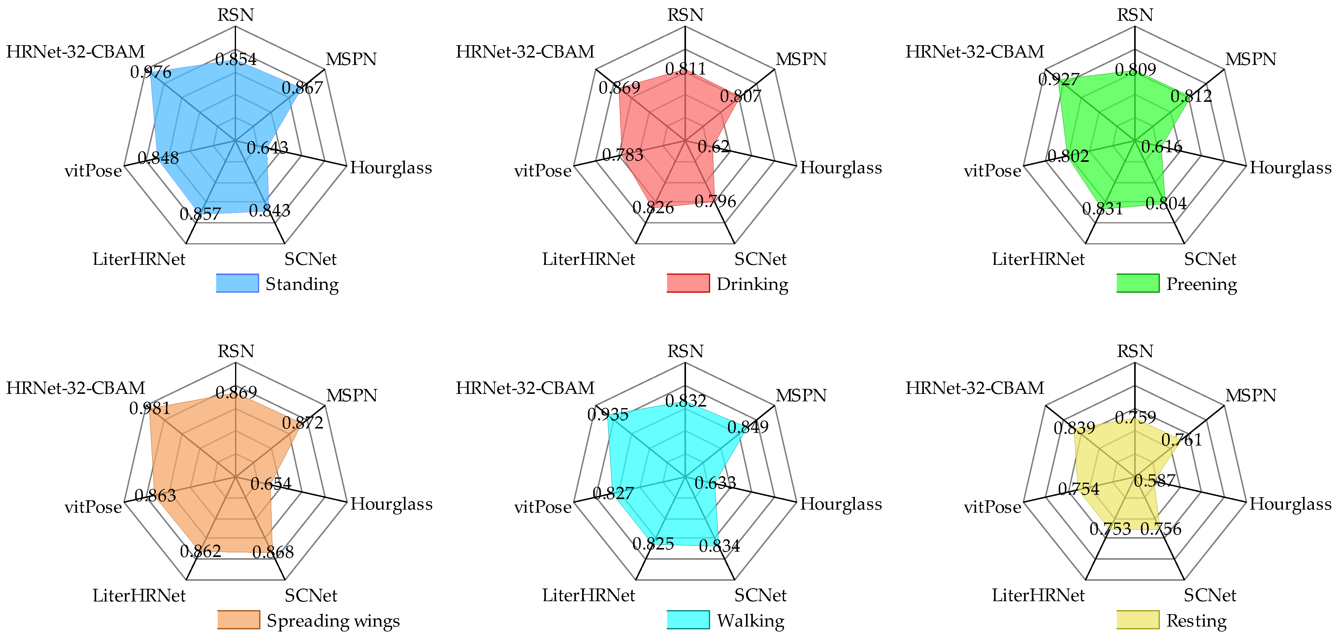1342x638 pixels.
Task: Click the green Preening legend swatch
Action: click(1138, 283)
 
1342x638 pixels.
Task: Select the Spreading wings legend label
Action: click(333, 621)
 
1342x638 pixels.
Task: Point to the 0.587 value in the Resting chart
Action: click(1155, 480)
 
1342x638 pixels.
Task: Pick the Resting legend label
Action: click(1196, 621)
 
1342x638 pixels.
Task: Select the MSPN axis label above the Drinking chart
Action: click(801, 59)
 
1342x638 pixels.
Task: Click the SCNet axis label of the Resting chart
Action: click(1210, 595)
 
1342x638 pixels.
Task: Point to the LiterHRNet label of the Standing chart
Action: click(139, 259)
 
